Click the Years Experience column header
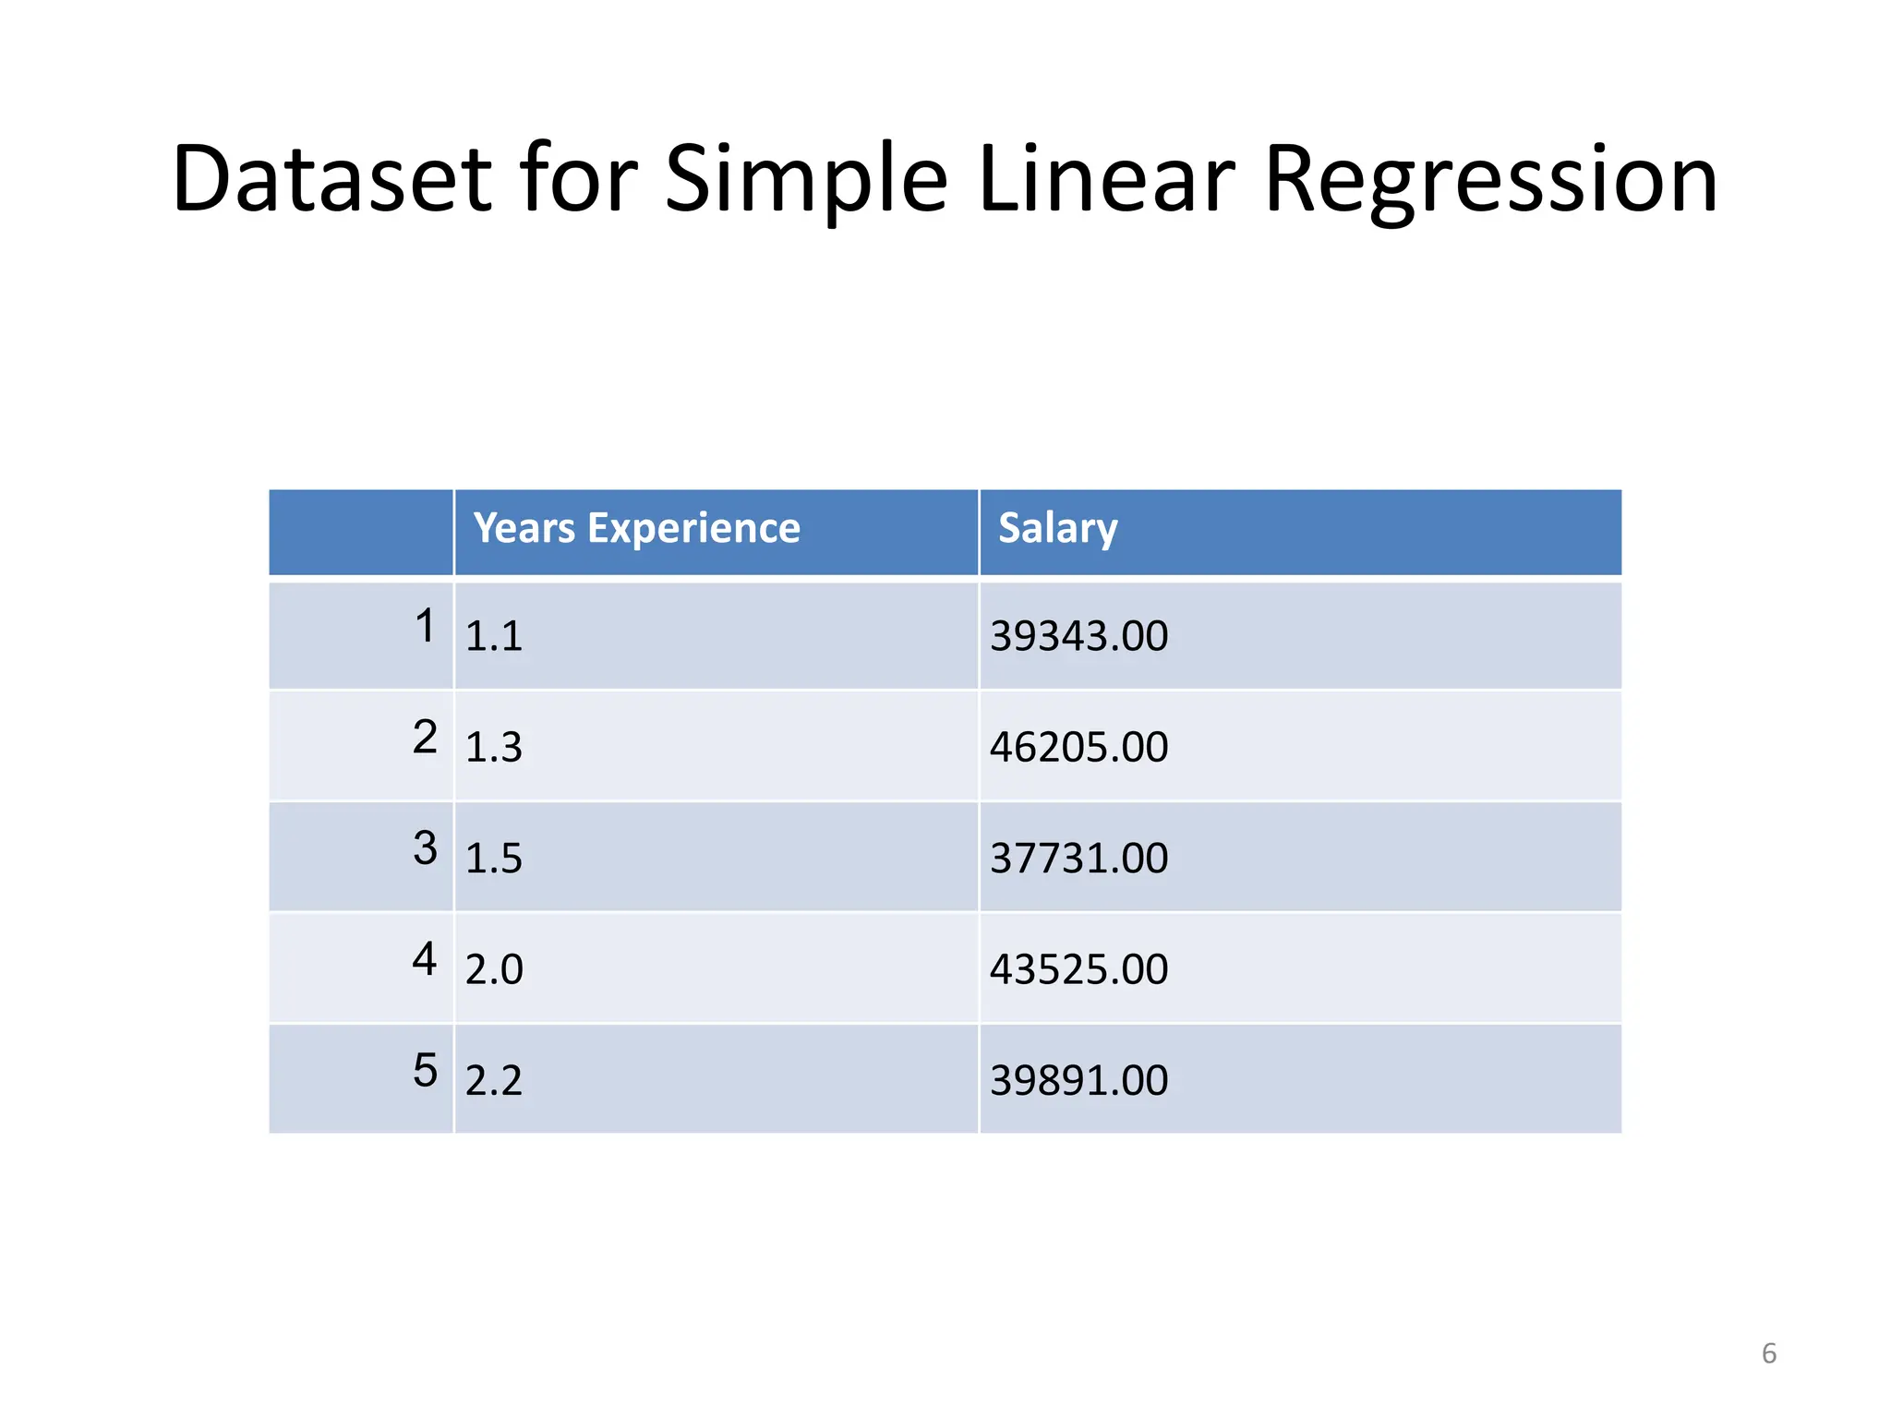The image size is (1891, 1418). (x=636, y=528)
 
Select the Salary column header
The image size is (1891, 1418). (x=1057, y=528)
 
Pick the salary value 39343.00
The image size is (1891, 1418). (x=1078, y=636)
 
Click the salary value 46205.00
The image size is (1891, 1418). (x=1078, y=747)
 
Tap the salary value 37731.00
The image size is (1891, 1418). (x=1078, y=859)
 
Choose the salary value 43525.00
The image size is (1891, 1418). (x=1078, y=969)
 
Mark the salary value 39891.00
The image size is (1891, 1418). (x=1078, y=1080)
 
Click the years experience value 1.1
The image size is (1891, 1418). (x=493, y=636)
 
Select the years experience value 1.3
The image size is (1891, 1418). (x=493, y=747)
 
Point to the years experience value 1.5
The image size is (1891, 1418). (x=493, y=859)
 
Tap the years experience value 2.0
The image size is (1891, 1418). (x=493, y=969)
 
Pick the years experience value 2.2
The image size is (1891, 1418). (x=493, y=1080)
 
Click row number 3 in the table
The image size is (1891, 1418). (x=425, y=847)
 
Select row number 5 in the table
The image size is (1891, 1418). (x=425, y=1070)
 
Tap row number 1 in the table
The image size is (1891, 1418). (x=425, y=626)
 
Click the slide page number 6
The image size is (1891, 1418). (x=1768, y=1353)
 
